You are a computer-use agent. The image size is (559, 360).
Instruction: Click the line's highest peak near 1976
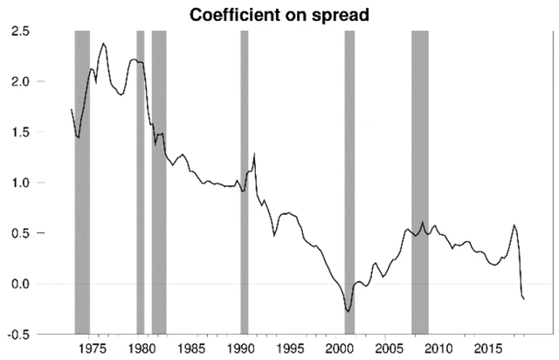(x=104, y=44)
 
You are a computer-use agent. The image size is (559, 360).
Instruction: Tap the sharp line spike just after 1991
(x=254, y=154)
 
